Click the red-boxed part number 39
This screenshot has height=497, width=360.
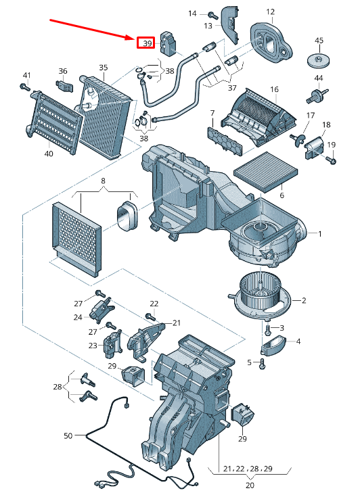[x=146, y=43]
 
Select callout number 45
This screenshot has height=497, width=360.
[x=319, y=41]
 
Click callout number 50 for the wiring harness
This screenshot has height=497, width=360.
[x=68, y=436]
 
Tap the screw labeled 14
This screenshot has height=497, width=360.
[x=212, y=15]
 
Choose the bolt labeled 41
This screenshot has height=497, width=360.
[x=25, y=87]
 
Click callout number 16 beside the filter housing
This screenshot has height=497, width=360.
[x=274, y=89]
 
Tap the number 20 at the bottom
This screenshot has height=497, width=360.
[x=249, y=485]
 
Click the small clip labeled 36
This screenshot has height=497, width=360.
[x=64, y=86]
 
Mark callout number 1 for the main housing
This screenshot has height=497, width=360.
[x=320, y=234]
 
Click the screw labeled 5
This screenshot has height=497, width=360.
[x=262, y=363]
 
